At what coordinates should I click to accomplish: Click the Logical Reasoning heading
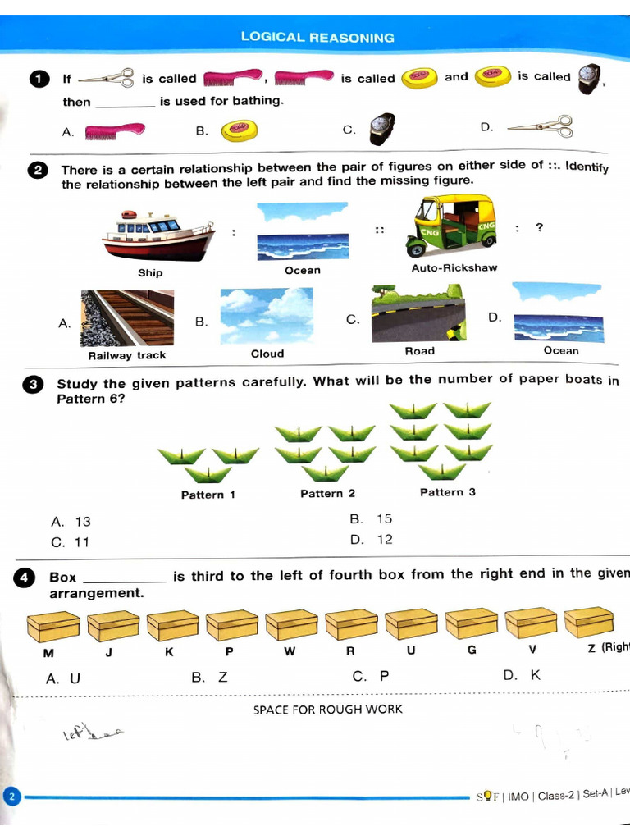[317, 37]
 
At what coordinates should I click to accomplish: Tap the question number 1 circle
[39, 79]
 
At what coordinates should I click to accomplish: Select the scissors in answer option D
[539, 127]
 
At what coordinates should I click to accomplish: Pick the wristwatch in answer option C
[381, 129]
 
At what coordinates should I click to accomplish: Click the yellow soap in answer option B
[240, 129]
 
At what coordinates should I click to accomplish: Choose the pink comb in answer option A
[115, 130]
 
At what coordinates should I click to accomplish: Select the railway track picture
[127, 318]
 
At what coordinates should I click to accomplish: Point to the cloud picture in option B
[267, 315]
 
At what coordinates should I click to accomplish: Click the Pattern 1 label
[208, 495]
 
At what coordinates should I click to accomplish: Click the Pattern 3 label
[447, 492]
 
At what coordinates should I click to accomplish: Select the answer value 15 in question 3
[384, 518]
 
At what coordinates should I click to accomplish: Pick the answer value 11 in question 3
[81, 542]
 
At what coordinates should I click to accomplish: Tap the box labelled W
[291, 625]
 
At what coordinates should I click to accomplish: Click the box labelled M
[52, 627]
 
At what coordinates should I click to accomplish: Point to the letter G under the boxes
[472, 650]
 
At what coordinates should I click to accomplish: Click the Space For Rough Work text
[328, 709]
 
